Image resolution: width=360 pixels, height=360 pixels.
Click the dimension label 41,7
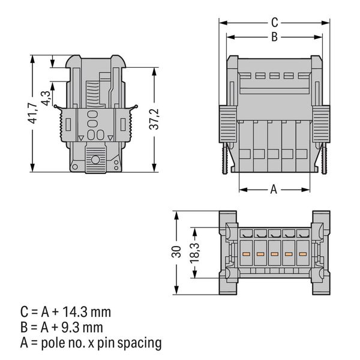[x=34, y=113]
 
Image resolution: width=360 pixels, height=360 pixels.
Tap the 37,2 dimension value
[x=154, y=119]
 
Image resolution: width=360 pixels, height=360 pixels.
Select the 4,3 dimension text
[x=46, y=98]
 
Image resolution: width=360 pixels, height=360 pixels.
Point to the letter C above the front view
[x=275, y=23]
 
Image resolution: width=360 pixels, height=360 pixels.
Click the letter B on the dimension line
[x=275, y=37]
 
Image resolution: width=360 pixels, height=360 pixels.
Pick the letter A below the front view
[x=274, y=190]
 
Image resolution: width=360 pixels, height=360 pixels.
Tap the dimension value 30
[x=176, y=251]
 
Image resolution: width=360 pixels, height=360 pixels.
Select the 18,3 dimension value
[x=194, y=253]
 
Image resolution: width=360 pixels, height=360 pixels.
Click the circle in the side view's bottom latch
[x=95, y=160]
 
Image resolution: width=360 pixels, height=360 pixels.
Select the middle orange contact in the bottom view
[x=274, y=254]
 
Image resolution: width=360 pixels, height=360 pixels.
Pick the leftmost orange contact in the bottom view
[x=246, y=254]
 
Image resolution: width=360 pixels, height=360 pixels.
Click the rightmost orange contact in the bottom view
[x=303, y=254]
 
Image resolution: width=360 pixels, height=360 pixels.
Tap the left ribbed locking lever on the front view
[x=227, y=124]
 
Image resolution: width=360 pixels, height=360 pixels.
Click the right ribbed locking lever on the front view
[x=321, y=124]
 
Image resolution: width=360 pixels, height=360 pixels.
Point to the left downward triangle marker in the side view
[x=81, y=138]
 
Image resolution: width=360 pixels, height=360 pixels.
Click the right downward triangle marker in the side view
[x=110, y=138]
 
